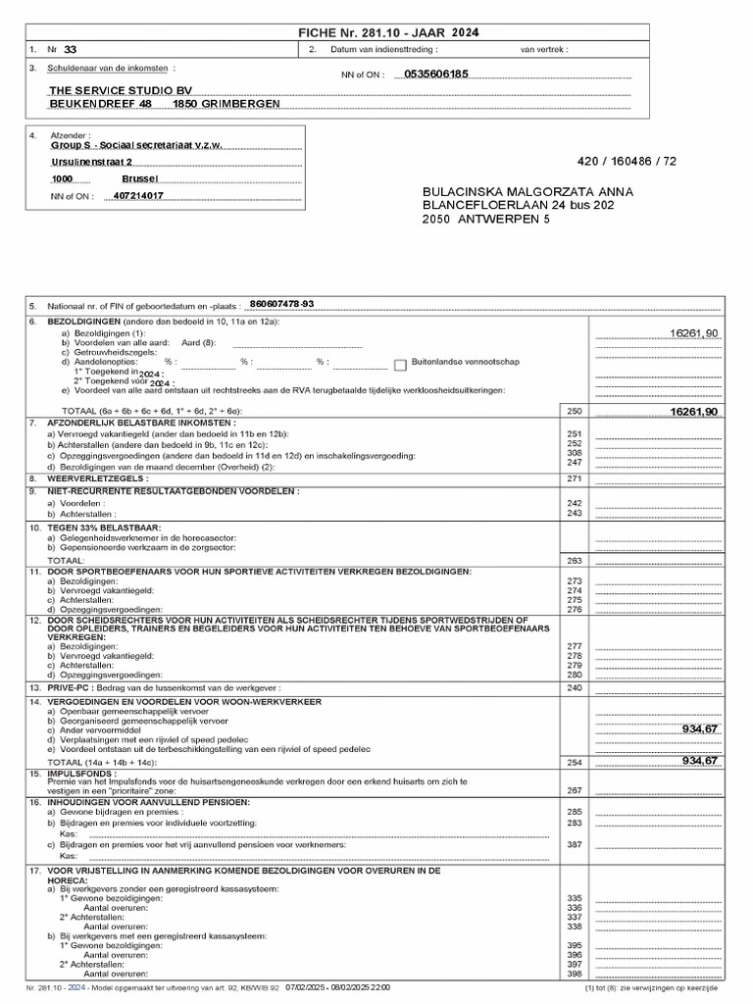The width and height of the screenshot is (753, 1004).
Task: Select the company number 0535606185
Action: point(436,74)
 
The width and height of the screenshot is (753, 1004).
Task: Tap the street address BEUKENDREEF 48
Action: point(101,103)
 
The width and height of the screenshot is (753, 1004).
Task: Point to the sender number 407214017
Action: point(139,196)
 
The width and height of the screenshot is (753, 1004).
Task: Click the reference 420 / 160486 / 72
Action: point(627,161)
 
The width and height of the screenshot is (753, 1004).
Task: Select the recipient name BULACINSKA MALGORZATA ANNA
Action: point(527,191)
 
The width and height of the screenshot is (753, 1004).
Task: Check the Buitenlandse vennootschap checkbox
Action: point(400,365)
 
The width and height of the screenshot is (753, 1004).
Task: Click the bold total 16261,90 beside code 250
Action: point(693,411)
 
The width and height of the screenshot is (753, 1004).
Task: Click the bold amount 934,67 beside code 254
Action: point(700,761)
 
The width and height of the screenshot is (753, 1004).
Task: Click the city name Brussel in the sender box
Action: point(139,179)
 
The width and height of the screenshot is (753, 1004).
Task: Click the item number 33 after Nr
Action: point(70,48)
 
